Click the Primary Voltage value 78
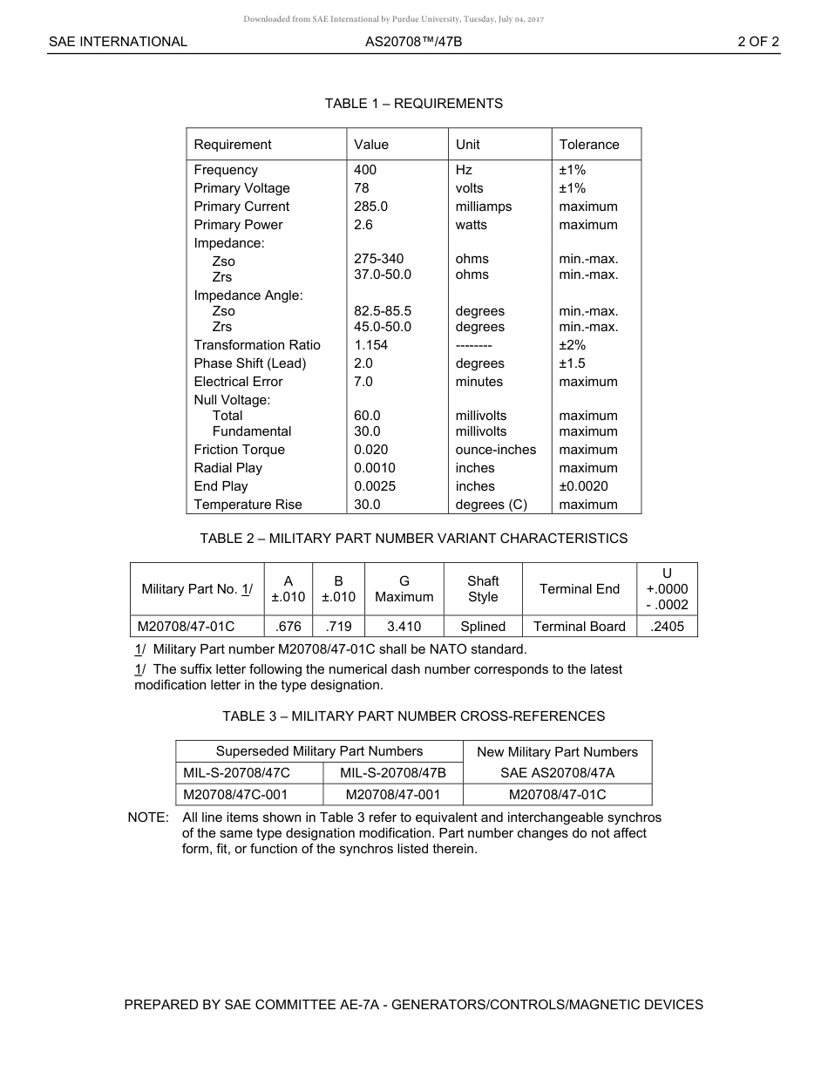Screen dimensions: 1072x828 tap(362, 188)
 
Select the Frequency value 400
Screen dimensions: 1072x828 tap(365, 170)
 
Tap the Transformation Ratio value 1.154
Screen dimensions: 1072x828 tap(370, 345)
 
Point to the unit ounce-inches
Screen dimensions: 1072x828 tap(495, 450)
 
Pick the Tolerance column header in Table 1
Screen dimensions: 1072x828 tap(588, 145)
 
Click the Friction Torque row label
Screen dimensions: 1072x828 tap(239, 450)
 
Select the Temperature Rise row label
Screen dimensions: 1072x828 tap(248, 505)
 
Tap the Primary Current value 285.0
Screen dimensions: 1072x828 tap(370, 207)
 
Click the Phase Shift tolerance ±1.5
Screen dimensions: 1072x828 tap(572, 363)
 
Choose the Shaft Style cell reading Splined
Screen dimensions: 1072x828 tap(483, 627)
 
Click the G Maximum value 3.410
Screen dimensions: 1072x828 tap(404, 627)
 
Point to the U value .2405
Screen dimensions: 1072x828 tap(668, 627)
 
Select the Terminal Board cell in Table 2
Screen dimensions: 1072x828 tap(579, 627)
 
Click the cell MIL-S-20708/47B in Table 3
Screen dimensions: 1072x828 tap(392, 773)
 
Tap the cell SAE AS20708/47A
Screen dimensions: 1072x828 tap(557, 773)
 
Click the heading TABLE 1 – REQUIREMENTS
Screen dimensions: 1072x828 tap(413, 104)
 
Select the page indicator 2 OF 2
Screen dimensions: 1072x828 tap(757, 41)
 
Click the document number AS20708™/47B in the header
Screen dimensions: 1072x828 tap(413, 41)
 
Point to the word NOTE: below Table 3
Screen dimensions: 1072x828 tap(148, 818)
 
